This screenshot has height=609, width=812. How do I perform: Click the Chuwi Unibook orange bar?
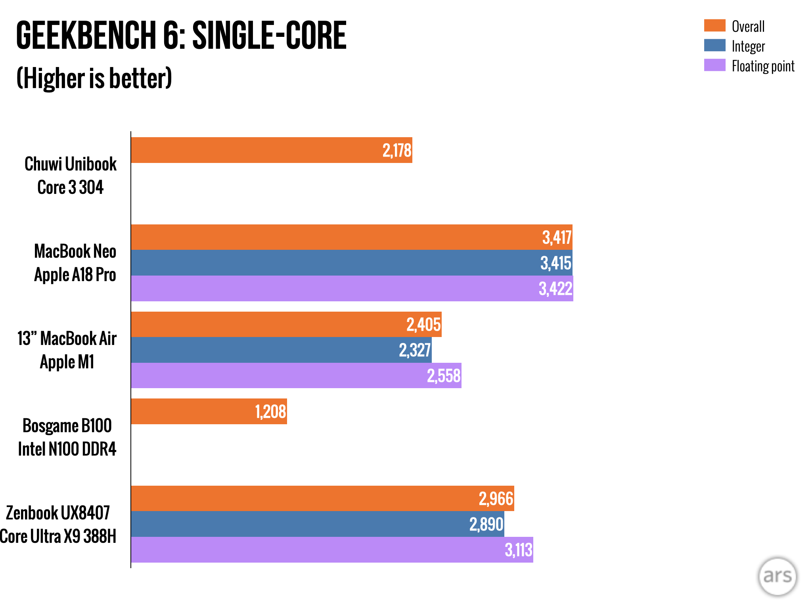pyautogui.click(x=272, y=150)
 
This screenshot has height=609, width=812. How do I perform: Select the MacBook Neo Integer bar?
pyautogui.click(x=352, y=262)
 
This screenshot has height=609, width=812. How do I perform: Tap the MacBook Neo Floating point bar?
pyautogui.click(x=352, y=288)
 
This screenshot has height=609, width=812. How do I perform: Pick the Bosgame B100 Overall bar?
pyautogui.click(x=209, y=411)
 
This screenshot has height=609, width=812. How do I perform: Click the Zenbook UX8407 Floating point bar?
pyautogui.click(x=332, y=550)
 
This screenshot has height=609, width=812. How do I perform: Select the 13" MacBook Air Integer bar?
pyautogui.click(x=282, y=350)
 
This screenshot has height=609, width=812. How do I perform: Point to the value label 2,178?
pyautogui.click(x=397, y=151)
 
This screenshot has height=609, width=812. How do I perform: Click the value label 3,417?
pyautogui.click(x=557, y=237)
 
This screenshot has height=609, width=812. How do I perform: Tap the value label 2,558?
pyautogui.click(x=444, y=376)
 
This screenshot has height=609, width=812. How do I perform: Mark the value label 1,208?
pyautogui.click(x=270, y=412)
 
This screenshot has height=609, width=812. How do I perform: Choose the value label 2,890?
pyautogui.click(x=486, y=524)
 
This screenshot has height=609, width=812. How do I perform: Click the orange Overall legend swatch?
pyautogui.click(x=714, y=25)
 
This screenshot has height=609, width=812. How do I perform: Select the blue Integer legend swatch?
pyautogui.click(x=714, y=45)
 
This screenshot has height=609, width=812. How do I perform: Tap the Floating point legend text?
pyautogui.click(x=763, y=66)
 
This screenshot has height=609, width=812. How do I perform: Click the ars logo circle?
pyautogui.click(x=778, y=576)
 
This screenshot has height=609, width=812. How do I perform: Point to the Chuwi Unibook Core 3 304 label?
pyautogui.click(x=71, y=175)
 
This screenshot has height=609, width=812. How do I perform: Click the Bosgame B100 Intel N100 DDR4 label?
pyautogui.click(x=67, y=437)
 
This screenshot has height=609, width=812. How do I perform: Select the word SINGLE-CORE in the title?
pyautogui.click(x=269, y=35)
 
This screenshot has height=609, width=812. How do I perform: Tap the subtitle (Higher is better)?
pyautogui.click(x=94, y=78)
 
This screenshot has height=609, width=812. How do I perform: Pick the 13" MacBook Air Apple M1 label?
pyautogui.click(x=67, y=350)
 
